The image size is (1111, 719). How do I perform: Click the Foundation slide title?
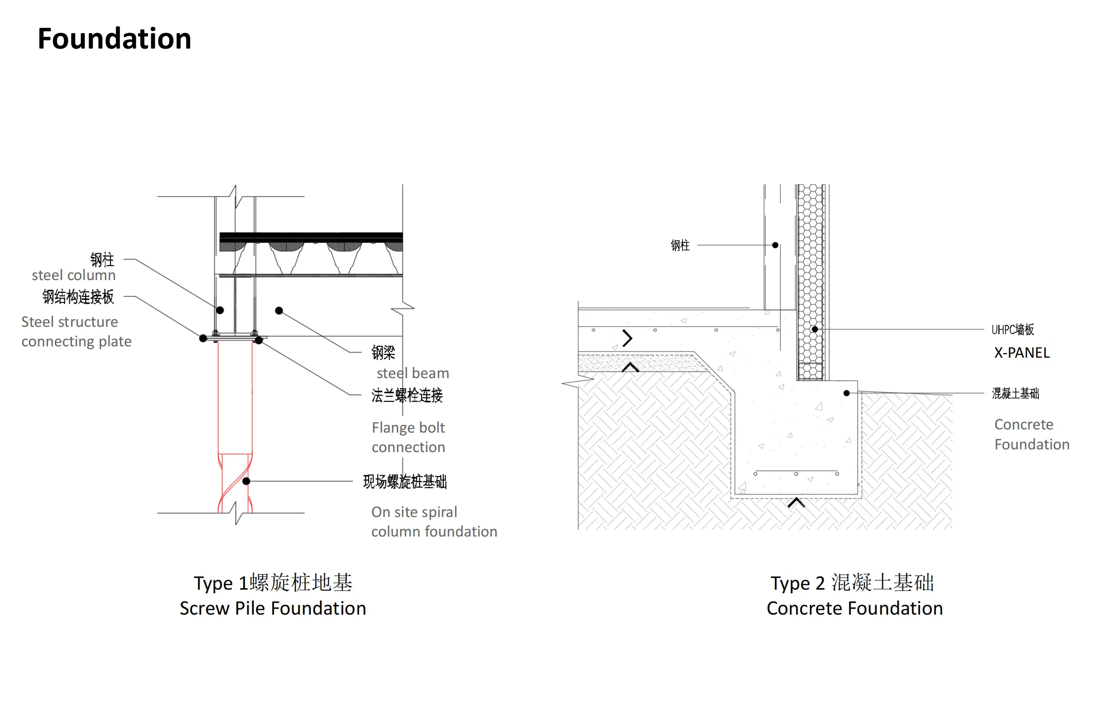tap(114, 38)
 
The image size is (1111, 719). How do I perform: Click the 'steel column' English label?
tap(74, 275)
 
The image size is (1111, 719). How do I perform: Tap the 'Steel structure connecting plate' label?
tap(77, 331)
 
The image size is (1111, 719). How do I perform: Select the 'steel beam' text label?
tap(413, 373)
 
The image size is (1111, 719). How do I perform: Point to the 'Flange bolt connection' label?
tap(408, 438)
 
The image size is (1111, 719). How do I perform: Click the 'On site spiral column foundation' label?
tap(434, 522)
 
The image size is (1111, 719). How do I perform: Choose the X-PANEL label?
tap(1022, 353)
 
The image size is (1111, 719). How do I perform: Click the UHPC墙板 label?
tap(1013, 330)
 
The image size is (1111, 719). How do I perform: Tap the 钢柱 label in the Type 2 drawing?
tap(680, 245)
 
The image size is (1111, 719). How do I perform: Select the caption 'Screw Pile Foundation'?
tap(273, 608)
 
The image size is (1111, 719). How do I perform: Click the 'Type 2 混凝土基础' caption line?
tap(852, 583)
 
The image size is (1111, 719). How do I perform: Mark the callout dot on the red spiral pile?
tap(246, 481)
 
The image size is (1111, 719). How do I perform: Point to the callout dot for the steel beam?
tap(279, 310)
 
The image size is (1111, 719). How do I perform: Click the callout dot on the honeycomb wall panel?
tap(815, 329)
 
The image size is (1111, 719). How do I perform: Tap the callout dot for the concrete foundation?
tap(847, 393)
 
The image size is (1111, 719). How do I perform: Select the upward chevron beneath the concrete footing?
tap(796, 502)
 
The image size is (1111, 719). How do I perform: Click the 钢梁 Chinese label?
tap(383, 353)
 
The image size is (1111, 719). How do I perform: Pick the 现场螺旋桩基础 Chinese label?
tap(405, 481)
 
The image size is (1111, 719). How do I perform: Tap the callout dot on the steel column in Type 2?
tap(775, 245)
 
